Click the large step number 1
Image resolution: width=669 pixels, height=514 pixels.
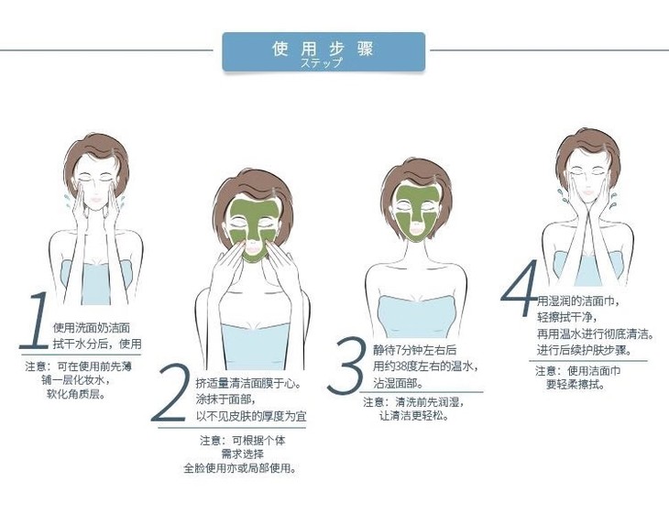pos(35,321)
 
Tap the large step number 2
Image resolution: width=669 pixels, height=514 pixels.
pos(170,393)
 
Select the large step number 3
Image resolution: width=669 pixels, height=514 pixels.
pos(347,365)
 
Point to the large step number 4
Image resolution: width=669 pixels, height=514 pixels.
pos(520,288)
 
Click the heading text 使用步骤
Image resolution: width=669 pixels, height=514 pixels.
pos(323,49)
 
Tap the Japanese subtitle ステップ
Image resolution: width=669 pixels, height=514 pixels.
pos(322,62)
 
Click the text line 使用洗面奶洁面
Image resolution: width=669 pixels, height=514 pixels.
pos(92,328)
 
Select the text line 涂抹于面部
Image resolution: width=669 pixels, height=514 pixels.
pos(225,399)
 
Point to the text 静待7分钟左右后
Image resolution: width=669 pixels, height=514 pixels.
pos(415,350)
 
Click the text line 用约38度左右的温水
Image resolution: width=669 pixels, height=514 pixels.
pos(425,366)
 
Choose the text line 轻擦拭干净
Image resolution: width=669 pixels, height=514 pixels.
pos(566,317)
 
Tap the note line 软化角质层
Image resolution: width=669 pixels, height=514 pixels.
pos(76,394)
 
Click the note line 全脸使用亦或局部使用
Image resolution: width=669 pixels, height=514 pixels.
pos(240,468)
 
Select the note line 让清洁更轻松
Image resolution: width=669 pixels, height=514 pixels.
pos(414,415)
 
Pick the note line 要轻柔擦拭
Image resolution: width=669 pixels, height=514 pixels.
pos(576,384)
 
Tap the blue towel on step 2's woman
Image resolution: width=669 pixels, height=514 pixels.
pos(255,346)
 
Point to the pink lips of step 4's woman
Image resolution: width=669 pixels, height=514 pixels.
pos(588,192)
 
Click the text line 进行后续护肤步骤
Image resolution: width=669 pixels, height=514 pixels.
pos(584,350)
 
